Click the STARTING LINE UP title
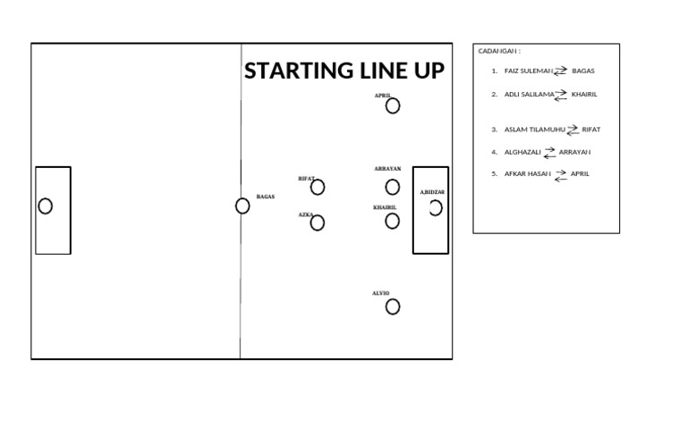(x=343, y=71)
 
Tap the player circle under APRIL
(x=393, y=106)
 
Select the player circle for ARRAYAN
(x=393, y=187)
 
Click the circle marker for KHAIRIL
(x=393, y=221)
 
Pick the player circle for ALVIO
(x=393, y=307)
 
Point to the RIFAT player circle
(x=318, y=188)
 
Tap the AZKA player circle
(x=318, y=223)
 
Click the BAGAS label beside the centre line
(x=266, y=197)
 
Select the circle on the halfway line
(x=242, y=206)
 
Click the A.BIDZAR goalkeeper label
(x=433, y=192)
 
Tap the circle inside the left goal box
(x=46, y=206)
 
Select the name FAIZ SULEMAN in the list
(x=529, y=71)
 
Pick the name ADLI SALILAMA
(x=529, y=94)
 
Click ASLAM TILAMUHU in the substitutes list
(x=535, y=130)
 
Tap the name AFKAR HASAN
(x=527, y=174)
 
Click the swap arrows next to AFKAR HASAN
(x=561, y=175)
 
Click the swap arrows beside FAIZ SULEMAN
(x=561, y=71)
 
